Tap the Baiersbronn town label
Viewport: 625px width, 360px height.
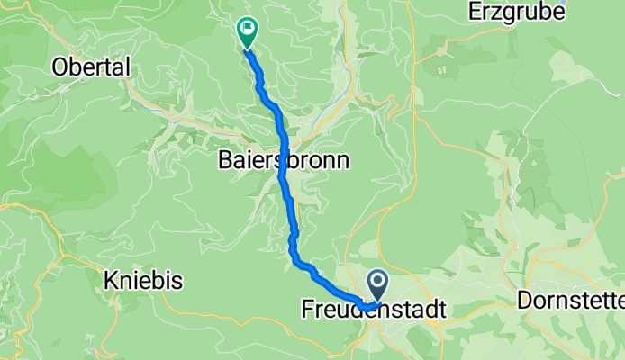point(283,161)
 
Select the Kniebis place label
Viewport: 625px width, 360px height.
point(143,281)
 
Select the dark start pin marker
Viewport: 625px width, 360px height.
point(377,286)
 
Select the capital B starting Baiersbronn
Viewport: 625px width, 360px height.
point(224,161)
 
